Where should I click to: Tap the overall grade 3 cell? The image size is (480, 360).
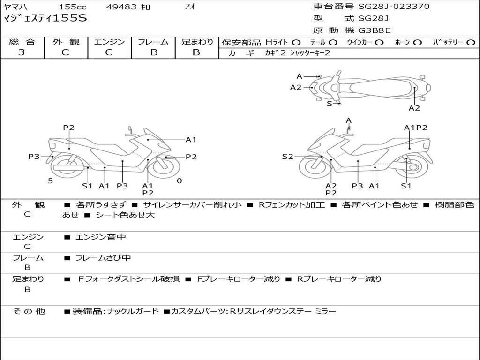tap(22, 52)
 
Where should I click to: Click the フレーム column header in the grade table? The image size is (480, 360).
tap(153, 42)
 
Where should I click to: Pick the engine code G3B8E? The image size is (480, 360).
tap(375, 31)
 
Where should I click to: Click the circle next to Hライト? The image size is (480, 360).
tap(296, 43)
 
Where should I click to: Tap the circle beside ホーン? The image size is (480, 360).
tap(418, 43)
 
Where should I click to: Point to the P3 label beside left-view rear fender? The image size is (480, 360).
tap(34, 157)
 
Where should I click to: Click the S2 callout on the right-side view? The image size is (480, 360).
tap(287, 157)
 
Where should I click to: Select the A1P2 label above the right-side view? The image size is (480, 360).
tap(415, 127)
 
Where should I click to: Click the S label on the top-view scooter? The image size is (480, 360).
tap(329, 104)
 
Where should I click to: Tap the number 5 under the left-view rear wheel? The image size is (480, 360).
tap(50, 181)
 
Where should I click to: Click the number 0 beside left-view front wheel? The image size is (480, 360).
tap(179, 181)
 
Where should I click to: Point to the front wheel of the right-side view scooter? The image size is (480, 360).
tap(314, 167)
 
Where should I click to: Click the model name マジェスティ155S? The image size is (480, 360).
tap(45, 18)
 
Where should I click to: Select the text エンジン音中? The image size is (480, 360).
tap(100, 237)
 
